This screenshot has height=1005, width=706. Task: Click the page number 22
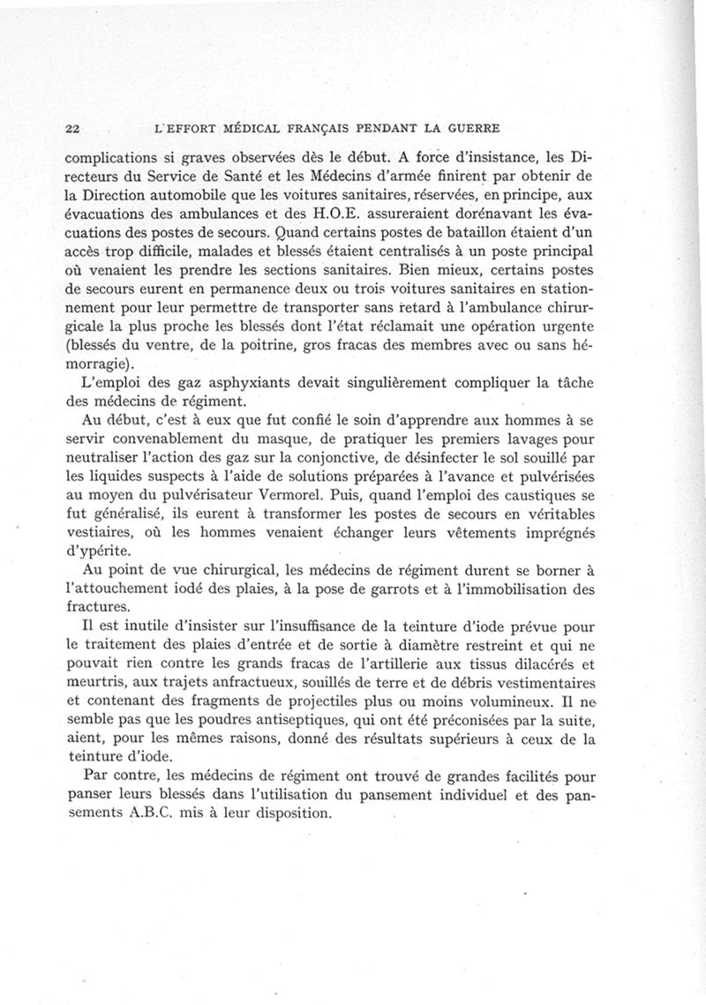[x=73, y=128]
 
